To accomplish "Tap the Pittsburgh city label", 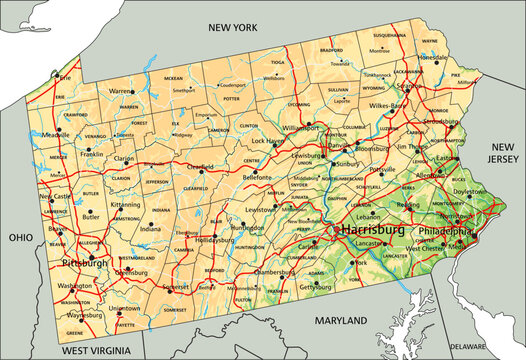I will coord(85,263).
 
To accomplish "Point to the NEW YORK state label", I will coord(232,29).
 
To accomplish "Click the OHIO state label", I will coord(21,238).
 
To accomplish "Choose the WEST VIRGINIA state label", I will coord(98,351).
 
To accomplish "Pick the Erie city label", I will coord(66,77).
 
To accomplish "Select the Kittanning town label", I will coord(126,204).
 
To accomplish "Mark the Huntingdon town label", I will coord(246,229).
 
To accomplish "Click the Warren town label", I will coord(121,90).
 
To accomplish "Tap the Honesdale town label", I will coord(434,58).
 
